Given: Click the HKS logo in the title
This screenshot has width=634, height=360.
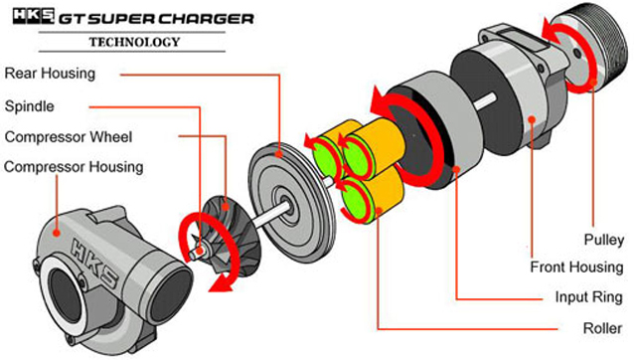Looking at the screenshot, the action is click(x=33, y=16).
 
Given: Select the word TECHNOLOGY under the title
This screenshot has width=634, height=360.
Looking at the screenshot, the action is click(x=134, y=42).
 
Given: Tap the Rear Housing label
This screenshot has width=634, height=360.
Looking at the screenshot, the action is click(x=50, y=74).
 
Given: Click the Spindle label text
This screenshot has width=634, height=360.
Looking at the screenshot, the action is click(x=29, y=106).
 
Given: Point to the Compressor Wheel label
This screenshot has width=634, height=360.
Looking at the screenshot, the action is click(x=69, y=136).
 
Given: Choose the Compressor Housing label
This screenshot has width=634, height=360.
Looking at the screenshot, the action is click(x=74, y=167).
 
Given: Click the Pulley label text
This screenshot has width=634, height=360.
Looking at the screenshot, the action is click(x=604, y=240).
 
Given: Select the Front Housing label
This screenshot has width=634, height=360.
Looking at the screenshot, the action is click(x=577, y=267).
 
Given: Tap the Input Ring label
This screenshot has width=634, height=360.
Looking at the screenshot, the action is click(x=588, y=297).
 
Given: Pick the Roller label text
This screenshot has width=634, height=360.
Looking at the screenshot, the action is click(x=602, y=328).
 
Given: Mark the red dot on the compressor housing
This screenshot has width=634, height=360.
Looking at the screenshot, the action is click(x=57, y=233).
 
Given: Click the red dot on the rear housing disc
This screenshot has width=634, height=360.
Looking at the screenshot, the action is click(x=279, y=154).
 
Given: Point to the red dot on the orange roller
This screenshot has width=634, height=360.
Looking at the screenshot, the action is click(x=379, y=211).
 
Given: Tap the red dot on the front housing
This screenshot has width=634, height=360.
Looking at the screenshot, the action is click(x=532, y=119).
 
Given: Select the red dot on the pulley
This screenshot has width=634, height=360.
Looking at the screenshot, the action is click(x=592, y=83).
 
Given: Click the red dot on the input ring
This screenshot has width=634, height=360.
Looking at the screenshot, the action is click(x=456, y=169).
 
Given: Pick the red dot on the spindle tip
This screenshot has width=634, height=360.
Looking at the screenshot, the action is click(x=200, y=251).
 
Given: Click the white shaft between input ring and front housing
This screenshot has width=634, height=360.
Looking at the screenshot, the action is click(x=485, y=101).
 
